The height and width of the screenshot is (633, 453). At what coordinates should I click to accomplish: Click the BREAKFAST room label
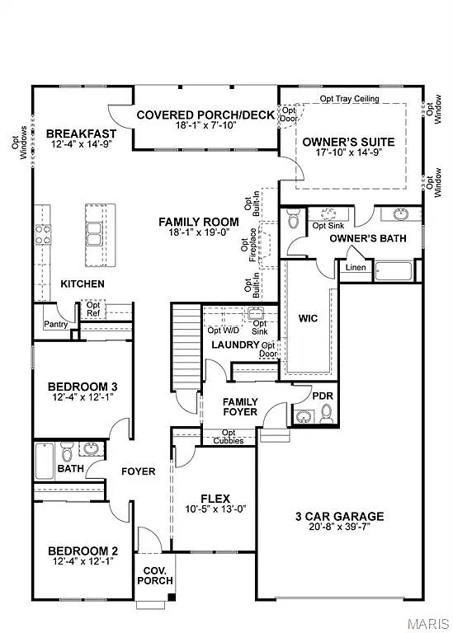tap(81, 134)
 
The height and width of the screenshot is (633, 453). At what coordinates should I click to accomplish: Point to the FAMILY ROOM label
tap(199, 222)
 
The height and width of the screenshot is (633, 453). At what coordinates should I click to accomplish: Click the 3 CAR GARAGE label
tap(339, 517)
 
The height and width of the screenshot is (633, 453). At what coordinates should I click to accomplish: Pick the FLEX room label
tap(215, 498)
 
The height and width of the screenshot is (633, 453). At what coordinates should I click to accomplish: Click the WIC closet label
tap(309, 317)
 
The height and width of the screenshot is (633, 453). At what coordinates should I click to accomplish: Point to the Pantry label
tap(56, 325)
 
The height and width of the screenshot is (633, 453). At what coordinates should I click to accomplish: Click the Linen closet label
tap(355, 268)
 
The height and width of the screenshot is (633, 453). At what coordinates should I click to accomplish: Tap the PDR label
tap(322, 396)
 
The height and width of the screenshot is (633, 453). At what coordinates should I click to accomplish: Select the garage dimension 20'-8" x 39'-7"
tap(339, 528)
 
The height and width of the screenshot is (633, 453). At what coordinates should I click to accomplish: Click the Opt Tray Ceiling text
tap(349, 99)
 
